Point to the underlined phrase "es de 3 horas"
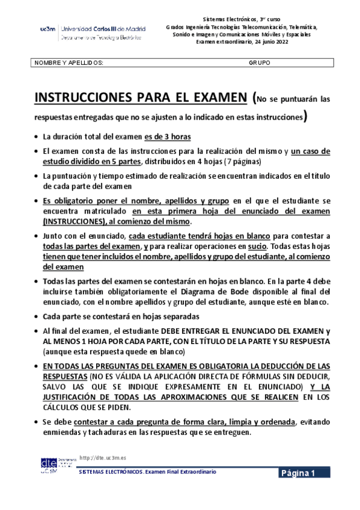coord(168,137)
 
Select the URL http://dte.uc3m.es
coord(103,458)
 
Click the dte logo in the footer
coord(49,464)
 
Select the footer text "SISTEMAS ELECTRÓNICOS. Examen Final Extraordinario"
coord(147,472)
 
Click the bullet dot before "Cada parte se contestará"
coord(37,316)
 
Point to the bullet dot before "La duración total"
coord(37,137)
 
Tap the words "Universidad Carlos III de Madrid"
coord(101,28)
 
